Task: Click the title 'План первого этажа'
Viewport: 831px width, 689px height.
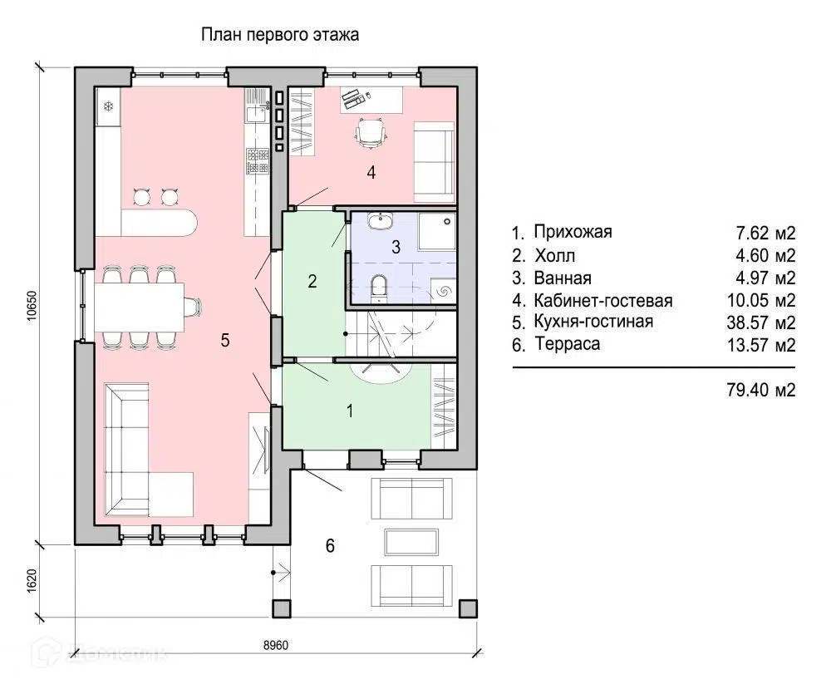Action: click(280, 35)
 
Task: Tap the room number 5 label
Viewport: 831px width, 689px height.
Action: click(225, 340)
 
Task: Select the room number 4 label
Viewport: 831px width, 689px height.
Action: click(371, 172)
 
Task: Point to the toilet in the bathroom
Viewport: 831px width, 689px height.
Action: click(378, 287)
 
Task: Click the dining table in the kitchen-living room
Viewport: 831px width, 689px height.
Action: click(140, 307)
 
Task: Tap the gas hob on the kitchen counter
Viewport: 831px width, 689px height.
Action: click(258, 160)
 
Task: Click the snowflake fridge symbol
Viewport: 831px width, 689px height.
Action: click(108, 106)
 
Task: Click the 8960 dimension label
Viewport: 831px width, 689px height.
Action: click(276, 645)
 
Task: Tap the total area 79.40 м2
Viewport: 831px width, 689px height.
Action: click(761, 391)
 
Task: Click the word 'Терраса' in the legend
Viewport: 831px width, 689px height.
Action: click(568, 344)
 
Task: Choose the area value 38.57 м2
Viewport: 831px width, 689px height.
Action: click(761, 322)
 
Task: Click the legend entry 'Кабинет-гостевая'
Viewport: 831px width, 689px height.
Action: click(603, 301)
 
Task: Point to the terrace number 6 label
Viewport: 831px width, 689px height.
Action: click(330, 545)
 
